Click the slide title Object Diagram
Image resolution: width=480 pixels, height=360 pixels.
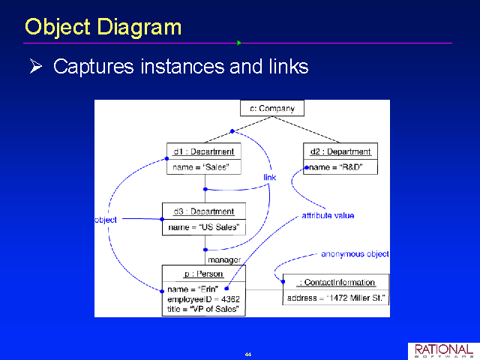coord(103,28)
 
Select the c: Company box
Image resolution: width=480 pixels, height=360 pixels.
coord(272,108)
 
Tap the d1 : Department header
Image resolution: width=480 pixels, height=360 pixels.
coord(203,151)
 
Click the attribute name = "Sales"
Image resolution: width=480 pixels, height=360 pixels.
coord(201,167)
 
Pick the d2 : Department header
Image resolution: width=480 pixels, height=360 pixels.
coord(340,151)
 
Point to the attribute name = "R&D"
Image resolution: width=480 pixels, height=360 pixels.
coord(336,167)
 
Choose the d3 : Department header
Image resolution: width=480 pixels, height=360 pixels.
coord(203,211)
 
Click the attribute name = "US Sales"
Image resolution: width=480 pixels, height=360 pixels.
coord(204,227)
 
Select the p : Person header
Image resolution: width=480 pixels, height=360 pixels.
coord(203,274)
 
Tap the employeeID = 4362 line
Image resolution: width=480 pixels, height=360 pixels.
coord(203,299)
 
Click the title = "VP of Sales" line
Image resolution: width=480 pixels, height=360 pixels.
coord(203,309)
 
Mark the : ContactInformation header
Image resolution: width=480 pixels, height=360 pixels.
coord(336,282)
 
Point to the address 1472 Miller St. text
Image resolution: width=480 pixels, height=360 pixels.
coord(336,298)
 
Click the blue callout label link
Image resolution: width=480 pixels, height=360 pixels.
coord(270,177)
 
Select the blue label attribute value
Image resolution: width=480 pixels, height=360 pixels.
coord(328,215)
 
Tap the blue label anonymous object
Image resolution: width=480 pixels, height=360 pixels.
coord(355,254)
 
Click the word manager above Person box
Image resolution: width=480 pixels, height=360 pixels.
coord(224,260)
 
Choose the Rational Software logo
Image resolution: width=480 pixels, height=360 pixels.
coord(444,351)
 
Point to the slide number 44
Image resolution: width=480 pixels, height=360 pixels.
coord(248,354)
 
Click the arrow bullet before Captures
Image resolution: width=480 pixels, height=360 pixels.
coord(36,66)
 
